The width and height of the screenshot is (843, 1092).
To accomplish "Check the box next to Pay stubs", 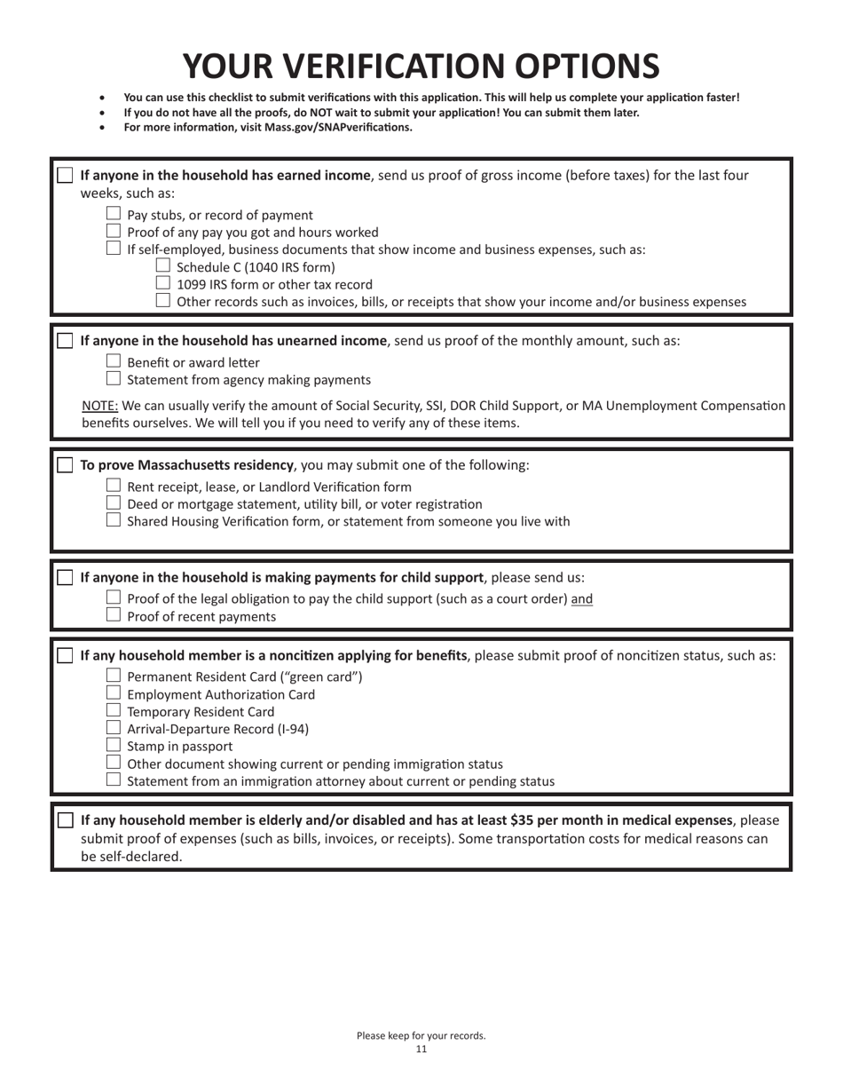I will (x=114, y=214).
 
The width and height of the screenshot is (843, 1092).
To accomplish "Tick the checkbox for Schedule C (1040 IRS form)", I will (x=162, y=265).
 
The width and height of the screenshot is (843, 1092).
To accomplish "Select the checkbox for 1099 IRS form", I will (x=162, y=283).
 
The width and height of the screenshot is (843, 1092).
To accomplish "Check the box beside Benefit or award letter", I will (x=114, y=361).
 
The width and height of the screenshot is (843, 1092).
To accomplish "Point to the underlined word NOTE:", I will (x=99, y=406).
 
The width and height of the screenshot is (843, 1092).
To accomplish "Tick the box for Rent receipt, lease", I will (x=114, y=486).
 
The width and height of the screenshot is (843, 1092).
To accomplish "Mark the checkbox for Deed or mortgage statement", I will (x=114, y=503).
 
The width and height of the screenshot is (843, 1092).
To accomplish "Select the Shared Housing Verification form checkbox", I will (x=114, y=520).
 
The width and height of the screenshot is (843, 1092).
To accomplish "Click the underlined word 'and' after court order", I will (x=582, y=599).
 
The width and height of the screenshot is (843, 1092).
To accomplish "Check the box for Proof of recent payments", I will (x=114, y=615).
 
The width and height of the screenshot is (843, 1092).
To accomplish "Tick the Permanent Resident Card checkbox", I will (x=114, y=676).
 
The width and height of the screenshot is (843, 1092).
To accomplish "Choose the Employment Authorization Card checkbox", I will (x=114, y=693).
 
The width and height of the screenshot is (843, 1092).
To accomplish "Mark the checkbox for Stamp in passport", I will (x=114, y=746).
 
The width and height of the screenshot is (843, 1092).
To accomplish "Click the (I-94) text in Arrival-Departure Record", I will (x=291, y=729).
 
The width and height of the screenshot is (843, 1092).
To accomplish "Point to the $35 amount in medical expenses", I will (x=525, y=820).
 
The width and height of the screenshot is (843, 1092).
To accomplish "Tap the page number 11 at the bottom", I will (x=421, y=1048).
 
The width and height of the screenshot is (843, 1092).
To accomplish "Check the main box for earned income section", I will (x=66, y=175).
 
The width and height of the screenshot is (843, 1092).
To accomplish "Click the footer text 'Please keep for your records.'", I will (x=421, y=1035).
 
